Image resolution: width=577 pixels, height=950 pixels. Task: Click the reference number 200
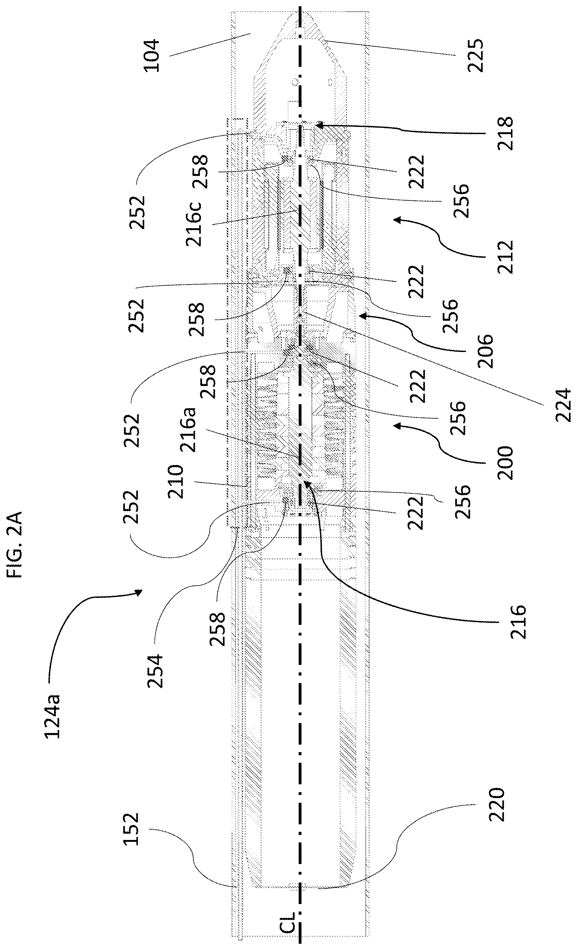[x=505, y=463]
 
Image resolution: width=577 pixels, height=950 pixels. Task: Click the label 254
[x=155, y=671]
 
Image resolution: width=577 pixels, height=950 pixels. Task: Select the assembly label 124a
[x=52, y=716]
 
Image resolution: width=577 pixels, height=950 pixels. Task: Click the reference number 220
[x=496, y=805]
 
